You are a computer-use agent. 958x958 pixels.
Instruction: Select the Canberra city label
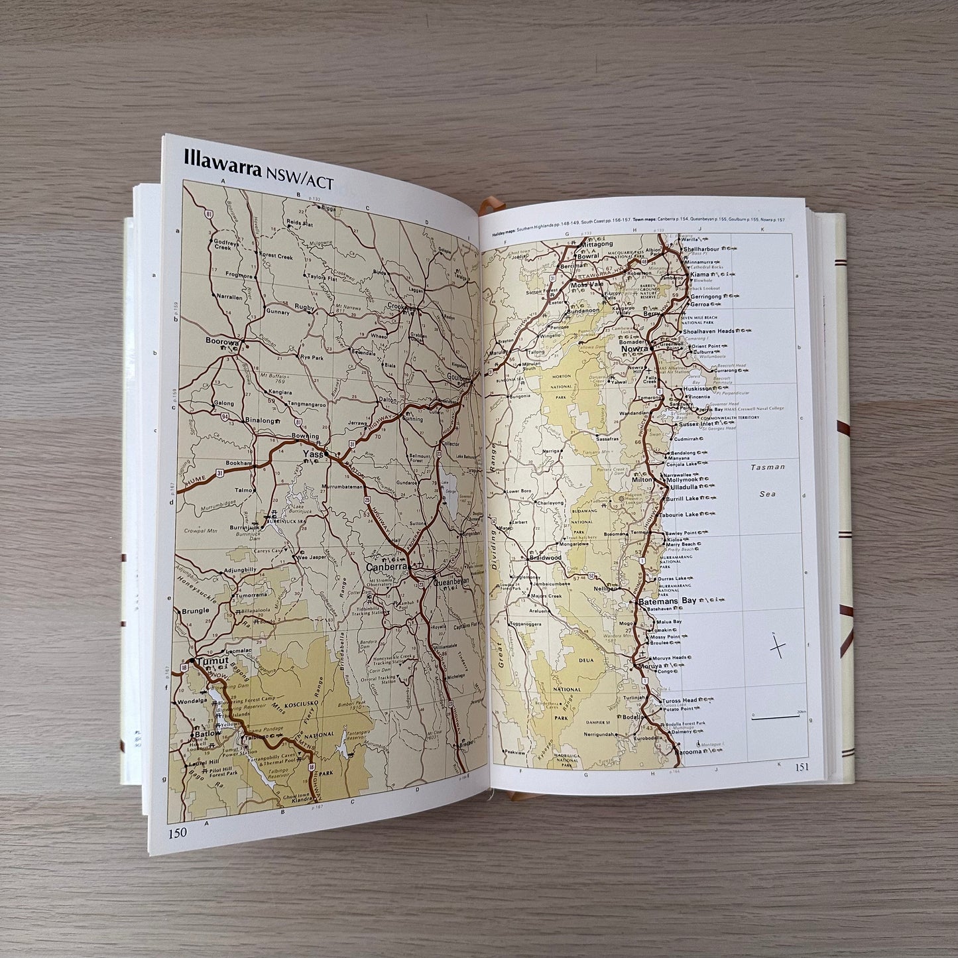pyautogui.click(x=387, y=568)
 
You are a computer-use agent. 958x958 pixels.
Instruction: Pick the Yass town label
pyautogui.click(x=313, y=454)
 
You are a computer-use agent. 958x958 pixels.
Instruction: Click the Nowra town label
pyautogui.click(x=634, y=347)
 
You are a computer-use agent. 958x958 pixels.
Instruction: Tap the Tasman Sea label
pyautogui.click(x=768, y=480)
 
